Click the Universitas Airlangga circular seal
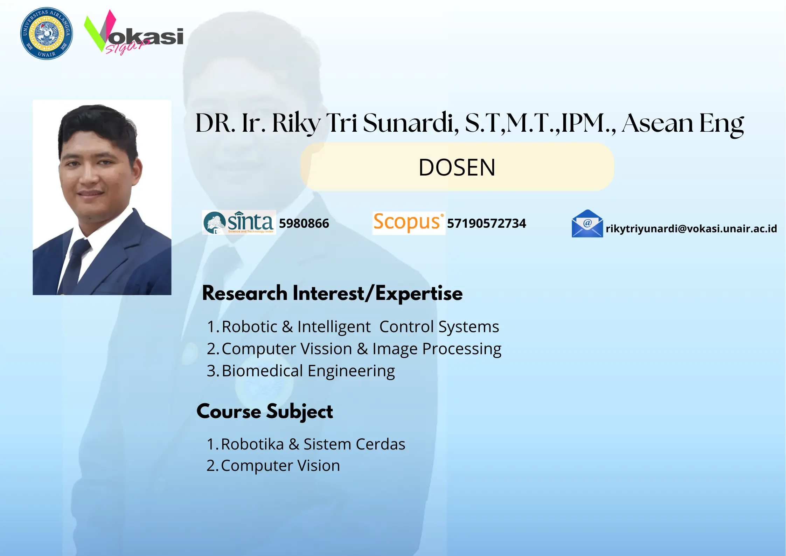click(x=47, y=33)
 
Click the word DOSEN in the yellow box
click(x=457, y=167)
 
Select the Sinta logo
click(x=239, y=222)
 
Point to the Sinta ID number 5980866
click(x=304, y=224)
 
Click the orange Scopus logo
click(x=408, y=222)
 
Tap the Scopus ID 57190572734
click(x=486, y=224)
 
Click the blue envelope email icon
click(x=587, y=224)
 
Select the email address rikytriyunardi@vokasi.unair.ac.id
click(x=691, y=229)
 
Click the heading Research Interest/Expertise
click(x=332, y=293)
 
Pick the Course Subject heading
click(x=265, y=411)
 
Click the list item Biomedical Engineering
click(x=308, y=371)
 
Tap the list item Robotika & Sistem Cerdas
click(x=313, y=444)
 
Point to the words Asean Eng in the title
click(x=682, y=123)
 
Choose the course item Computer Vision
click(x=280, y=466)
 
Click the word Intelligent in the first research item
click(x=334, y=327)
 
